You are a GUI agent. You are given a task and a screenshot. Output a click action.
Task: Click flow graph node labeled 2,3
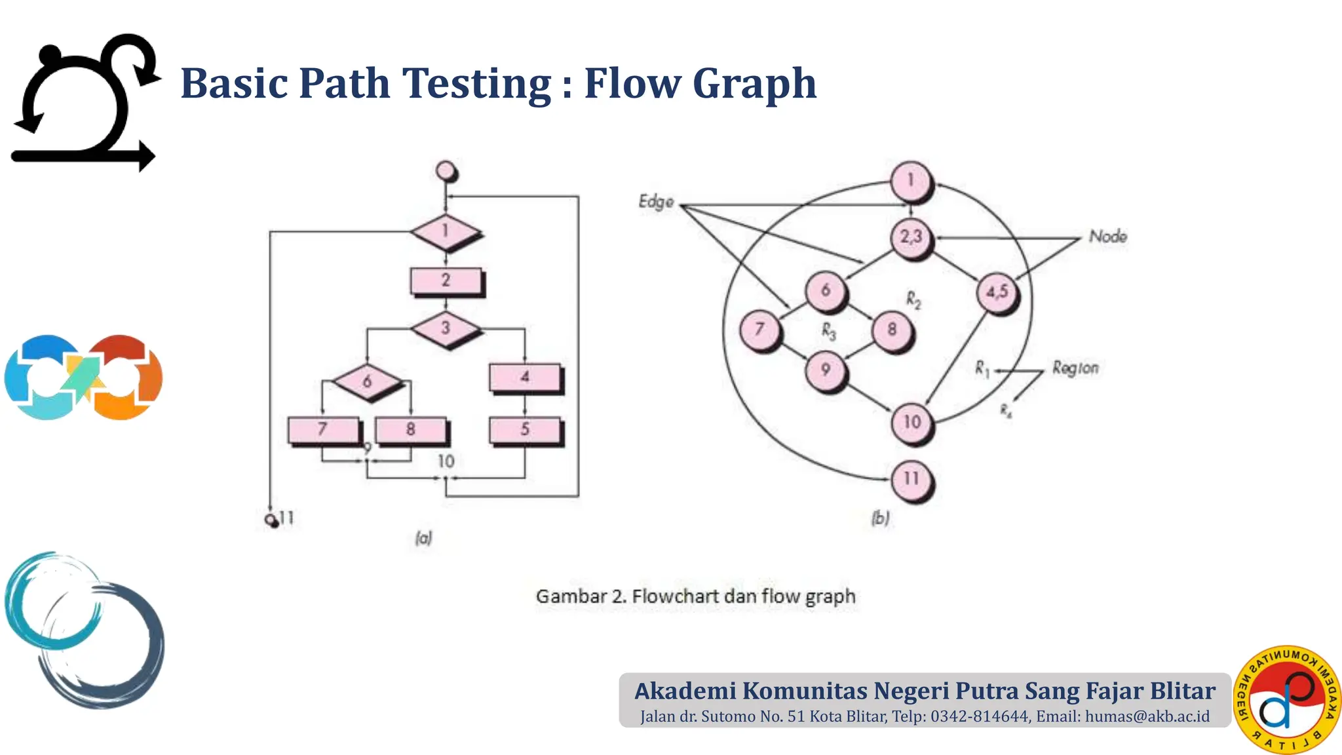point(911,237)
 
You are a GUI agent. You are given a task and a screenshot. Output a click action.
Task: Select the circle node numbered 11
point(911,479)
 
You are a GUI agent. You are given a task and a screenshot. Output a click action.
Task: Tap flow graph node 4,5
point(997,292)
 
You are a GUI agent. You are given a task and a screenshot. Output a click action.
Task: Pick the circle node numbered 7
point(759,329)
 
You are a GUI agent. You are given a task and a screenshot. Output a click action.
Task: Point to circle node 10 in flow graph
point(911,422)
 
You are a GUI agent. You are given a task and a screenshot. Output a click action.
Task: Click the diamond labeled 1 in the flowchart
point(446,231)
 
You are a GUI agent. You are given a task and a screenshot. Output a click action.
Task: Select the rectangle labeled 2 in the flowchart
point(446,281)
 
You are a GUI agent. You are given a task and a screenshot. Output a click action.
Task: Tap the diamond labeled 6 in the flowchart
point(367,381)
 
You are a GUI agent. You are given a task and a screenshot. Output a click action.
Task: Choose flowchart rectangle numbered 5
point(525,430)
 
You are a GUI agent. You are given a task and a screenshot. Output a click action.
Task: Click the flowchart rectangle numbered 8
point(411,430)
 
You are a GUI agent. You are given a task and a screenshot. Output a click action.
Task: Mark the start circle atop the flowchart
point(446,171)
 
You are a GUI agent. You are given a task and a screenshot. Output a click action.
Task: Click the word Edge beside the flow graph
point(656,202)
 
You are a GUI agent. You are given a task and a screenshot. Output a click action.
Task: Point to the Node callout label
point(1108,237)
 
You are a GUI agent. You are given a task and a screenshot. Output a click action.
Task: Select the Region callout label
point(1075,368)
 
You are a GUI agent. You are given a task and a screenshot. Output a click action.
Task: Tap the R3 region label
point(829,332)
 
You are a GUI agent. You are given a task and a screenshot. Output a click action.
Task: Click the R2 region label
point(913,300)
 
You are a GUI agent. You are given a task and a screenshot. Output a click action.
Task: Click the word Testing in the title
point(476,84)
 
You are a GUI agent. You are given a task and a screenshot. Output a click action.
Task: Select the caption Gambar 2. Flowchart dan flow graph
point(695,596)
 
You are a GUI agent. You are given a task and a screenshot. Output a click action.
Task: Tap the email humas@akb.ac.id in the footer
point(1147,716)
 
